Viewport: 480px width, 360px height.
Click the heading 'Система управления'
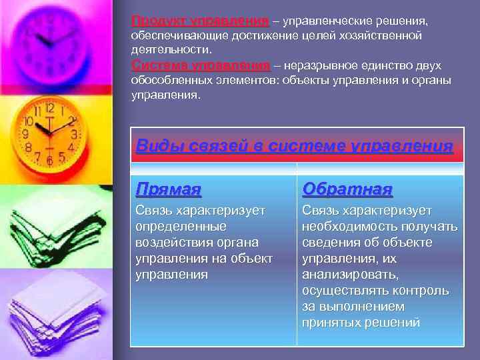coord(201,66)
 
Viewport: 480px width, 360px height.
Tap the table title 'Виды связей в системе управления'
coord(294,145)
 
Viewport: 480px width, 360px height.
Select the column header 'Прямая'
coord(168,189)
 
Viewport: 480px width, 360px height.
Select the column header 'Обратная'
coord(347,189)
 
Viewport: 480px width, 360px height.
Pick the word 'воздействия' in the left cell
coord(170,242)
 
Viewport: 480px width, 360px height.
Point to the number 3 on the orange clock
coord(75,134)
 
